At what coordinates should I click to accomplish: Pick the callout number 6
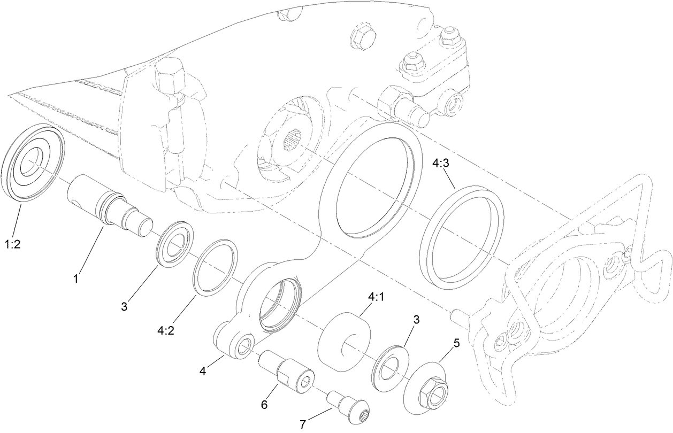tap(264, 404)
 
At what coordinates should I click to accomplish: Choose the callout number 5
tap(456, 343)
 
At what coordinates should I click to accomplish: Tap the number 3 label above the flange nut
tap(416, 319)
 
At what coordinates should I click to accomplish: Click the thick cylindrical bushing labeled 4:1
tap(345, 339)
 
